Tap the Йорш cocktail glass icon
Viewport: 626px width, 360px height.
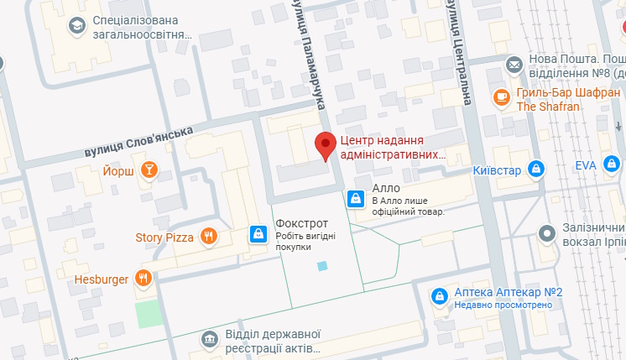149,170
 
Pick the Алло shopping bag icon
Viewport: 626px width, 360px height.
355,199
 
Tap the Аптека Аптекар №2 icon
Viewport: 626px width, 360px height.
438,296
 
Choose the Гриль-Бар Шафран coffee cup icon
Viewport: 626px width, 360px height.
502,97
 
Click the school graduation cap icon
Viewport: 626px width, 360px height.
77,27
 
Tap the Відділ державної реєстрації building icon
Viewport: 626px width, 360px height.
208,338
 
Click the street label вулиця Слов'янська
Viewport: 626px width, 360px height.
138,141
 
